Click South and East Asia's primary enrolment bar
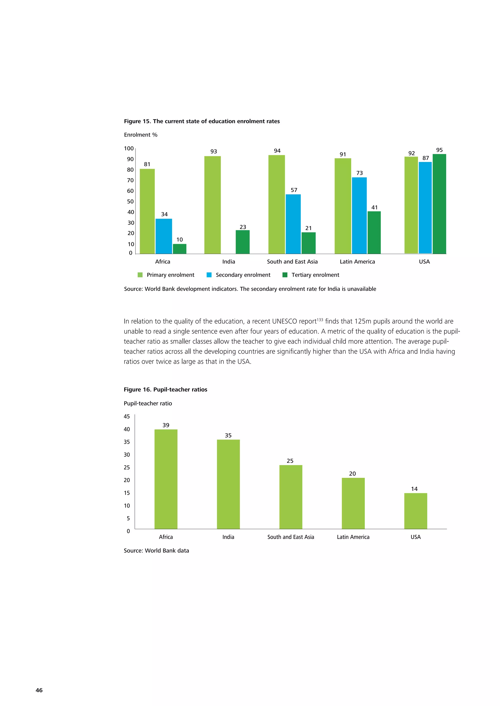click(x=276, y=204)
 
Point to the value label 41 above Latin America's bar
click(x=374, y=207)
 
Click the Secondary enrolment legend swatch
click(x=209, y=275)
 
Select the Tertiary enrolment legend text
click(x=315, y=275)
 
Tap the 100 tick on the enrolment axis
click(x=129, y=148)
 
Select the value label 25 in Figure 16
click(x=290, y=461)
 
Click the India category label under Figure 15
click(x=229, y=262)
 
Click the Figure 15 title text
click(x=202, y=121)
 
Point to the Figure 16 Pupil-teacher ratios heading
click(x=165, y=390)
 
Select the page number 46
click(x=39, y=690)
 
